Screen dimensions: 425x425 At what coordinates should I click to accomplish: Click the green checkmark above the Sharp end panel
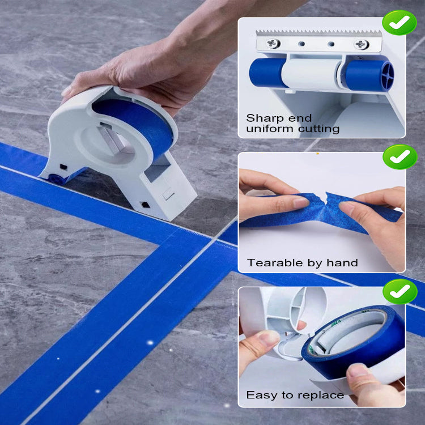[x=399, y=22]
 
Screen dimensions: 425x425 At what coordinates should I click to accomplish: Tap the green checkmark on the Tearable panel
[x=399, y=156]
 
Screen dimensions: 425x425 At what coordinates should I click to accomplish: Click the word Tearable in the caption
[x=272, y=262]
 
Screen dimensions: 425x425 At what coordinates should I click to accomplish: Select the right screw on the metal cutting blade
[x=361, y=44]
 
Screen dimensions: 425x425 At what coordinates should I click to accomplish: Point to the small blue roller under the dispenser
[x=56, y=178]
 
